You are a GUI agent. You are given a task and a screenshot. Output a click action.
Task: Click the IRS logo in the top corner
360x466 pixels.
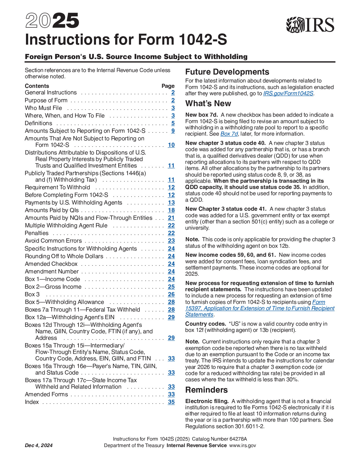(x=310, y=25)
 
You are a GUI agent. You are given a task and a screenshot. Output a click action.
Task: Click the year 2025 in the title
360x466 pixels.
(x=52, y=21)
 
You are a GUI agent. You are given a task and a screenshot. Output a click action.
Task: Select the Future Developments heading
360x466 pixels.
(x=227, y=72)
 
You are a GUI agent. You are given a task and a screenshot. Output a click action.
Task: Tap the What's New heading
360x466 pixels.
(x=208, y=104)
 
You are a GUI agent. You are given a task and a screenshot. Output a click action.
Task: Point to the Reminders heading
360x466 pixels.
(x=206, y=390)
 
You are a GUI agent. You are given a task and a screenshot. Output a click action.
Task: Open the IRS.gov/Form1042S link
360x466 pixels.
(x=288, y=93)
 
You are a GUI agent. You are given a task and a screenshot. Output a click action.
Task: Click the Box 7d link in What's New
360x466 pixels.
(x=229, y=134)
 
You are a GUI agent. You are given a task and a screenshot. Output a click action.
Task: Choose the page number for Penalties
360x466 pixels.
(x=171, y=233)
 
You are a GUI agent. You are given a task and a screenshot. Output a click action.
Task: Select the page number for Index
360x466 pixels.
(x=171, y=402)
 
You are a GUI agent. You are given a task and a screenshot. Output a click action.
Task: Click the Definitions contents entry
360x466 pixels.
(x=38, y=123)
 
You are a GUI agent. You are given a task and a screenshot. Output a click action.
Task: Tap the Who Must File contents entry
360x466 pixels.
(x=43, y=108)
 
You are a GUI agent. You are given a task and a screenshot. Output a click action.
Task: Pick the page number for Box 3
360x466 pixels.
(x=171, y=295)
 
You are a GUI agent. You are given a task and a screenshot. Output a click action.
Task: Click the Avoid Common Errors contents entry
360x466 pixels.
(x=53, y=241)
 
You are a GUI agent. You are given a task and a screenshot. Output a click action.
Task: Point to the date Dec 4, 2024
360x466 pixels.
(x=39, y=446)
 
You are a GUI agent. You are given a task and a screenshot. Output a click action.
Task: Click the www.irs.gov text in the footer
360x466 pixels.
(x=243, y=446)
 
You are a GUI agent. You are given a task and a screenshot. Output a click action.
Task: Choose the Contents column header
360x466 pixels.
(x=37, y=86)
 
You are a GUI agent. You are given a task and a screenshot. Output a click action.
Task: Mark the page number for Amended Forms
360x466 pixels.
(x=171, y=395)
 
